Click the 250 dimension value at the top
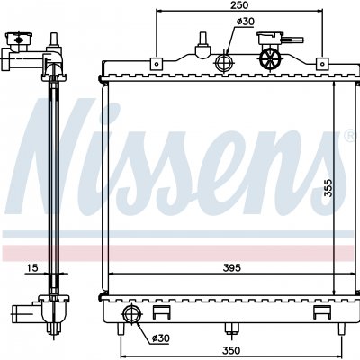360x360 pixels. (x=239, y=5)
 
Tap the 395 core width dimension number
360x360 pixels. (x=232, y=267)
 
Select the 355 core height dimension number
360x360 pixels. (x=329, y=188)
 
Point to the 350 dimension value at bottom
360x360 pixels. (x=231, y=350)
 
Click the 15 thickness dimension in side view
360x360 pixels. (x=31, y=267)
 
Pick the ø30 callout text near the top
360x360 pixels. (x=246, y=22)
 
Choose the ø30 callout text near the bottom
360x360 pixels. (x=160, y=338)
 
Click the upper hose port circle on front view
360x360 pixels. (x=224, y=63)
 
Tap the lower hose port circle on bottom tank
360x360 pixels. (x=131, y=315)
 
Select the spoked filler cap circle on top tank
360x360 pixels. (x=270, y=58)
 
